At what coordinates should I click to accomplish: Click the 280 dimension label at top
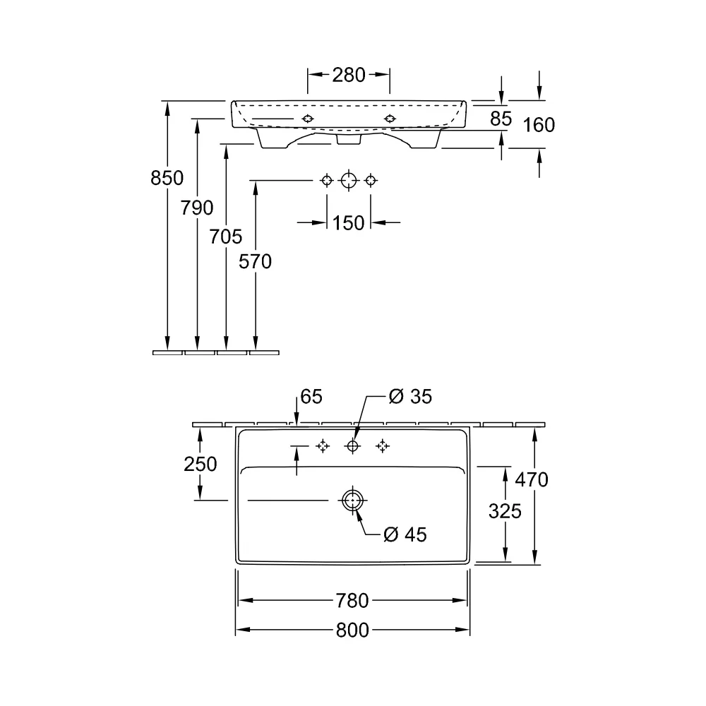349,75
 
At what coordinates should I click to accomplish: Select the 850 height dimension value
167,179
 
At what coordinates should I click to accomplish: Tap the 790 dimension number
197,208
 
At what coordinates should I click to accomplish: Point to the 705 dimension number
226,237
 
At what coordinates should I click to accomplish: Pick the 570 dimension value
256,262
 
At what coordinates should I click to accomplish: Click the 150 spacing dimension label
348,223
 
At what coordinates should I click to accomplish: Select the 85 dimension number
501,119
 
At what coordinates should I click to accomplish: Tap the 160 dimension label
539,125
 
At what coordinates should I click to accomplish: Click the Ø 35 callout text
410,397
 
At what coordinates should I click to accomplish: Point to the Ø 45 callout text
405,535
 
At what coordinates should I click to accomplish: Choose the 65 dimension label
311,397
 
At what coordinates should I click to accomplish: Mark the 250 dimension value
201,465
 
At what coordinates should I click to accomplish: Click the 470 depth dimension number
532,480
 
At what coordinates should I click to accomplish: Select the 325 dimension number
505,511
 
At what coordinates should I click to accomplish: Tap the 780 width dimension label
352,601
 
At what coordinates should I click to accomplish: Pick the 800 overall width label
352,630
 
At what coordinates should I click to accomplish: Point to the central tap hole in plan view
352,446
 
